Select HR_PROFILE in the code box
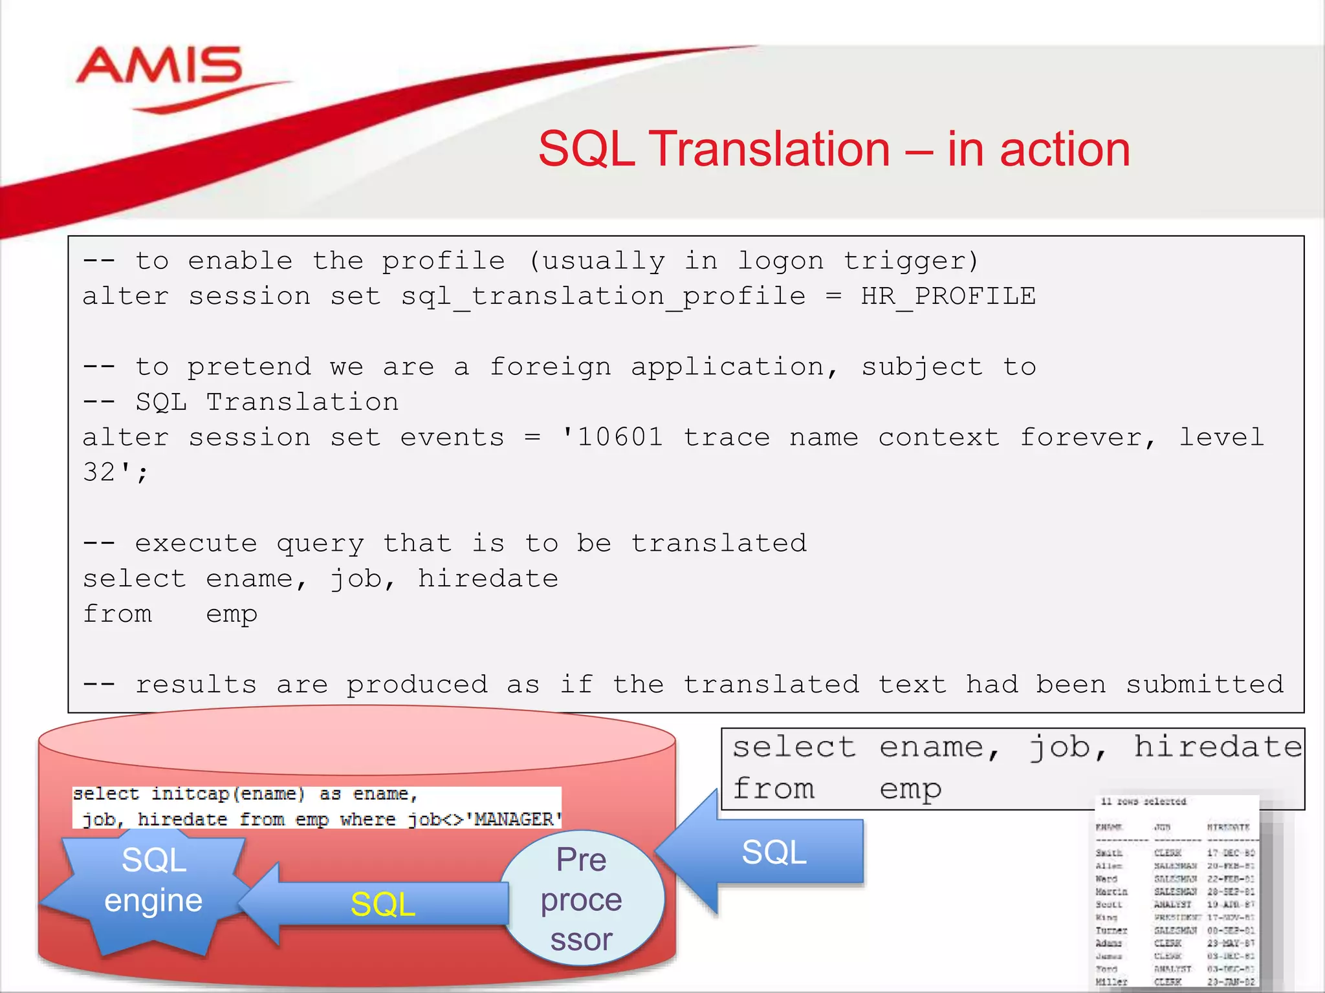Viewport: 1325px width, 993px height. pos(948,297)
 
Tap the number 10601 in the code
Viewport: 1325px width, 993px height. pos(620,438)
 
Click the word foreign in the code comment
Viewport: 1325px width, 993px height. pos(550,367)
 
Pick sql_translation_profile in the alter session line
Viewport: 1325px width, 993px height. pos(603,297)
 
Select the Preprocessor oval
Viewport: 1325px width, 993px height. pos(582,899)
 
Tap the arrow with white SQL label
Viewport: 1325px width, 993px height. pos(770,852)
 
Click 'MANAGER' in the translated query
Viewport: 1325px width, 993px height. pos(517,820)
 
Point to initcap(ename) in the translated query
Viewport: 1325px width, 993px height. pos(228,794)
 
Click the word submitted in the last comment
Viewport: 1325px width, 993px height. pos(1204,685)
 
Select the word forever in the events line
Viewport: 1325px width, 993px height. pos(1087,438)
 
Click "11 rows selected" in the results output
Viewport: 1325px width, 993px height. pos(1143,802)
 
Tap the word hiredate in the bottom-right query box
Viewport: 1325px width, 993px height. pos(1218,747)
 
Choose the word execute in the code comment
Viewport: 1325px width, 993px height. pos(196,544)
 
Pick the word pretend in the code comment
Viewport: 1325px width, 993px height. pos(249,367)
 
